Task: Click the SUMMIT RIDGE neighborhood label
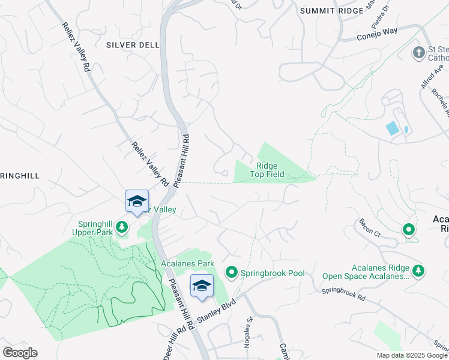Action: (331, 11)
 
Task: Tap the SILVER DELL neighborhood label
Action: (133, 45)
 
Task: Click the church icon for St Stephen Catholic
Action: (418, 52)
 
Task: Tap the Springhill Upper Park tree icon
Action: (122, 227)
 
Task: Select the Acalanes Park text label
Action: (187, 263)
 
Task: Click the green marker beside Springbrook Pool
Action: (232, 273)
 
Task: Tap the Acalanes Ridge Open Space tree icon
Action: (418, 271)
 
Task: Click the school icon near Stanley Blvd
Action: (202, 286)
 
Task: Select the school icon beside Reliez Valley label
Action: (137, 201)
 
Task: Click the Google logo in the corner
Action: (20, 353)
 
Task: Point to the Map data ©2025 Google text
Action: (411, 355)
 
